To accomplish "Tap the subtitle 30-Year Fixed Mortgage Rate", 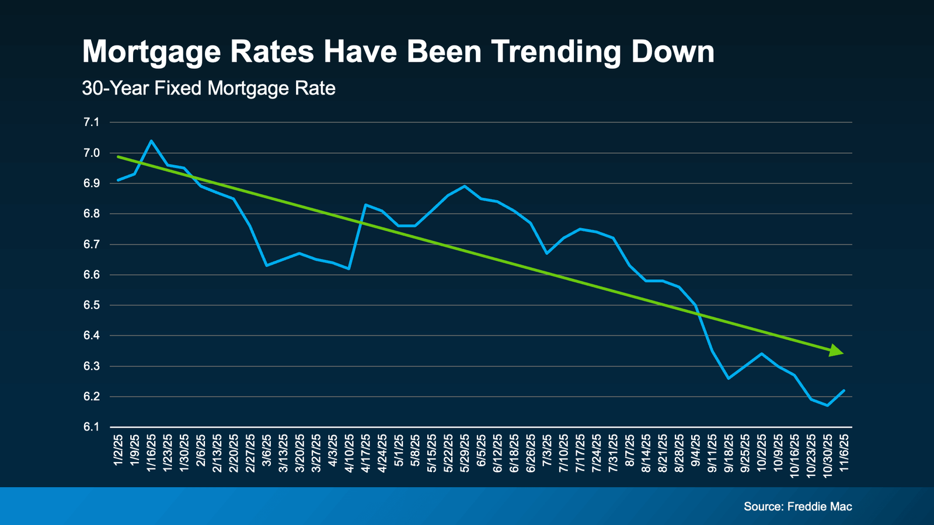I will (x=208, y=89).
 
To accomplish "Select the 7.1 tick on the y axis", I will (x=92, y=123).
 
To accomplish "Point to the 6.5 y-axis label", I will (x=92, y=306).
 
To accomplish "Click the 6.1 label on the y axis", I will (x=92, y=427).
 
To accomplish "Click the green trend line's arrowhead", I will (x=837, y=351).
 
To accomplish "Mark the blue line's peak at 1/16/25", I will (x=151, y=141).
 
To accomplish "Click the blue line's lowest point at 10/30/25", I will (x=827, y=405).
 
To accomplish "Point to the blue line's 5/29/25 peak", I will (x=465, y=186).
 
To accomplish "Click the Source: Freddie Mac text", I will (x=797, y=506).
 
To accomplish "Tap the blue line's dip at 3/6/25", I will (x=266, y=265).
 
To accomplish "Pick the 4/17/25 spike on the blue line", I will (x=365, y=205).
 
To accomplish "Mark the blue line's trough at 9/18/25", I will (x=729, y=378).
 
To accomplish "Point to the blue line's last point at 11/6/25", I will (x=844, y=390).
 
